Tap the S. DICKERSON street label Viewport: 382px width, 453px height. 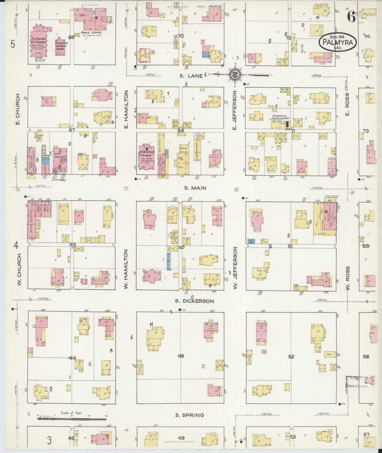[195, 301]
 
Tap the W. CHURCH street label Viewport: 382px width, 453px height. [19, 270]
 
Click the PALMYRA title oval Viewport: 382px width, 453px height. [338, 42]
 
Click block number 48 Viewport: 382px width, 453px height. [181, 356]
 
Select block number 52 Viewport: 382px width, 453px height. [291, 357]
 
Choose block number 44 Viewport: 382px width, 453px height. [72, 358]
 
